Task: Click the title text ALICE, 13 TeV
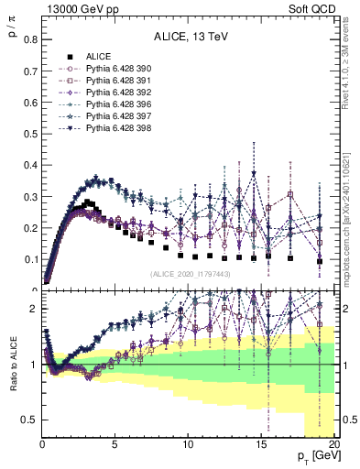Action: tap(188, 38)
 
